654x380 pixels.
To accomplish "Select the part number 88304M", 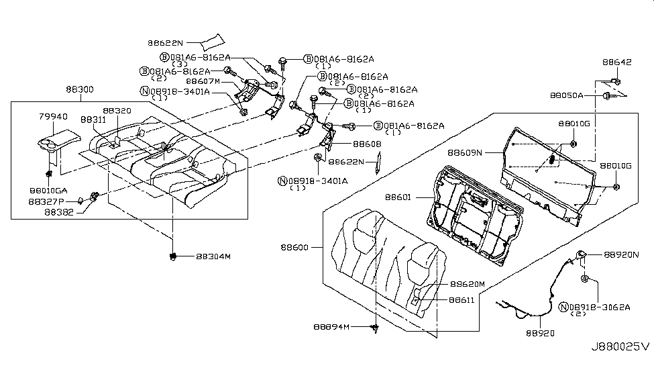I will (213, 256).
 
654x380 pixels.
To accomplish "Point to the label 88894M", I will (331, 327).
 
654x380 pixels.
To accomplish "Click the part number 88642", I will (616, 62).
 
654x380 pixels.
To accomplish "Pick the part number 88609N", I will (484, 153).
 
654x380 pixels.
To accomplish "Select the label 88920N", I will (622, 255).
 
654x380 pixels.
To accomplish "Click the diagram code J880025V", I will (619, 347).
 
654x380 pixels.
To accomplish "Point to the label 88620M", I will (467, 284).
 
